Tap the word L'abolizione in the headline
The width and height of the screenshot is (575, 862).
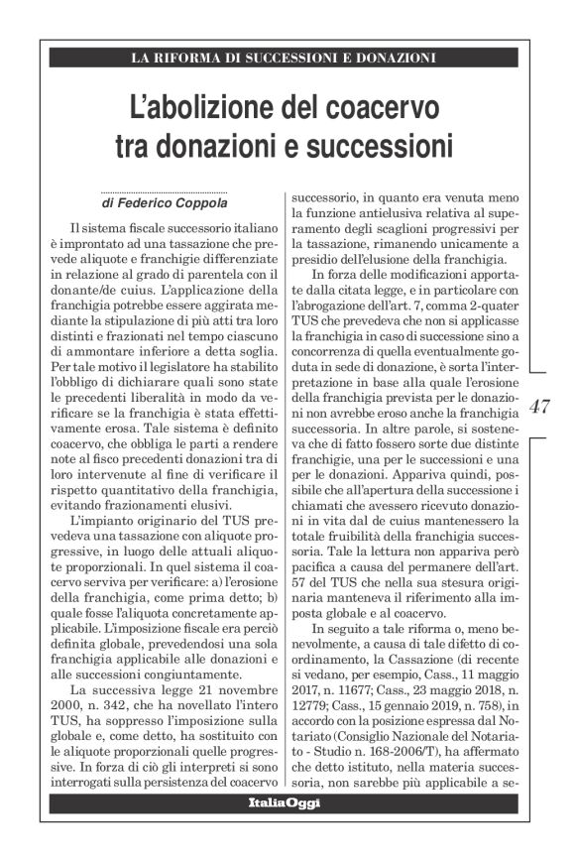click(x=204, y=105)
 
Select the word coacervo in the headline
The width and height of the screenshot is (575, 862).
click(x=385, y=105)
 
